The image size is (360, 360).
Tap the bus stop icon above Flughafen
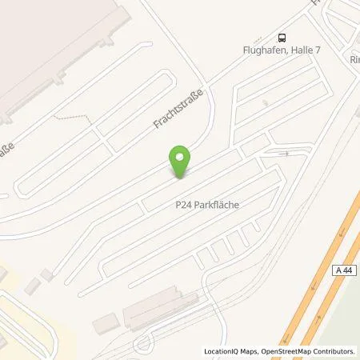pos(282,37)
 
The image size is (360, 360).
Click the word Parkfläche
pos(220,204)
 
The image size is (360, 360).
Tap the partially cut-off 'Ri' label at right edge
pos(354,59)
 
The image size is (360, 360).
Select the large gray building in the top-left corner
pos(48,48)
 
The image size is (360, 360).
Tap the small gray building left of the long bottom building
pos(103,324)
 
